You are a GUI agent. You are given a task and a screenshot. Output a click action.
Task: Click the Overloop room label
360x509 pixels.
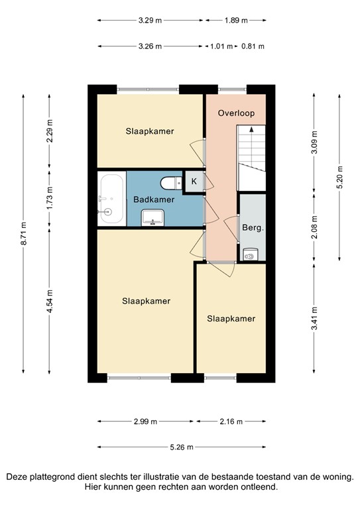tap(236, 113)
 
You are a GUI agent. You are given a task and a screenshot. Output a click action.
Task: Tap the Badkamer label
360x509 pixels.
tap(154, 199)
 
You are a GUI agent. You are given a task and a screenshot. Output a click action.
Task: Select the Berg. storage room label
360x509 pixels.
tap(253, 227)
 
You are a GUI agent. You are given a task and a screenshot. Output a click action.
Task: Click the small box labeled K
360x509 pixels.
tap(194, 181)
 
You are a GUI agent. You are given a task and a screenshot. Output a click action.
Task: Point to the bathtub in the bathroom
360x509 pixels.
tap(111, 198)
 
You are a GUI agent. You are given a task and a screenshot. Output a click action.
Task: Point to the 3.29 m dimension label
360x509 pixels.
tap(150, 21)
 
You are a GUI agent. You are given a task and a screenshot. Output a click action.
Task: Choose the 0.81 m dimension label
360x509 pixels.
tap(253, 46)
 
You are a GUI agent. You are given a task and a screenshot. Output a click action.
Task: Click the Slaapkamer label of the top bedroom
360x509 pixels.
tap(150, 131)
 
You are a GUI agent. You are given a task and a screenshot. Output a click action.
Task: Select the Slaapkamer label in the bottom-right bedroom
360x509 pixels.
tap(231, 319)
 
